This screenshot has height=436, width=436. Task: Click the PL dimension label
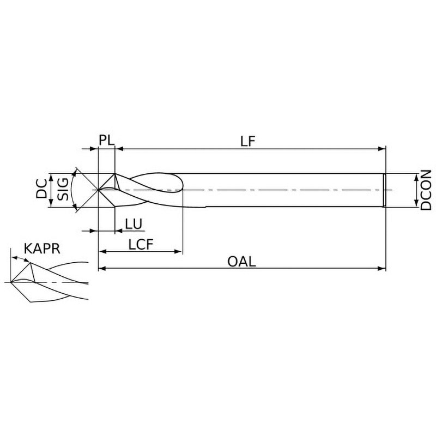107,140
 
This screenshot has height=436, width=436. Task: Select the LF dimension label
248,141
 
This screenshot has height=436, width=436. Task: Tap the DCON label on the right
426,190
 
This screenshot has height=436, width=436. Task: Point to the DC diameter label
41,189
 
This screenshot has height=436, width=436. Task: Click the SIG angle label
63,189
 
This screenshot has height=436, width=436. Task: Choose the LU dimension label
134,224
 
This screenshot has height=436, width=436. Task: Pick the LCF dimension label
141,245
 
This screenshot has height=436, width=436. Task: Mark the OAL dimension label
241,262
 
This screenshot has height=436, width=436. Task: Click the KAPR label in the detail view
42,249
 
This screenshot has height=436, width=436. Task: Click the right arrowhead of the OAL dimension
382,268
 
